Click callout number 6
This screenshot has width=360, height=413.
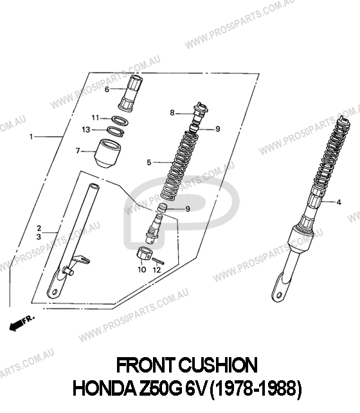(x=107, y=89)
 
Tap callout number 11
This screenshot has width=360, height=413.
(x=95, y=118)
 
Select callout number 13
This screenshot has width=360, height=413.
(x=86, y=130)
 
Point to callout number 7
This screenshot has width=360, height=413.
(x=78, y=151)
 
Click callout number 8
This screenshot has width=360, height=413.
(x=172, y=113)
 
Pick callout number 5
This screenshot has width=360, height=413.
(x=149, y=163)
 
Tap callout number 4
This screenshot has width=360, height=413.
(x=339, y=202)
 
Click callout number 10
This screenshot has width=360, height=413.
(x=142, y=270)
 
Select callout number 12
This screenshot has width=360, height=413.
(x=157, y=270)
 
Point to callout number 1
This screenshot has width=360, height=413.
(x=32, y=137)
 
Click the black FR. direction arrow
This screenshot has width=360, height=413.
(x=16, y=326)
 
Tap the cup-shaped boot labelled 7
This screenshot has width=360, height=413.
(x=107, y=154)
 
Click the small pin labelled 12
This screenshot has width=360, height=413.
(x=159, y=261)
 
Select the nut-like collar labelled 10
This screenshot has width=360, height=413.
(x=143, y=253)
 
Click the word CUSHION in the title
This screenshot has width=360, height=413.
(x=218, y=365)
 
